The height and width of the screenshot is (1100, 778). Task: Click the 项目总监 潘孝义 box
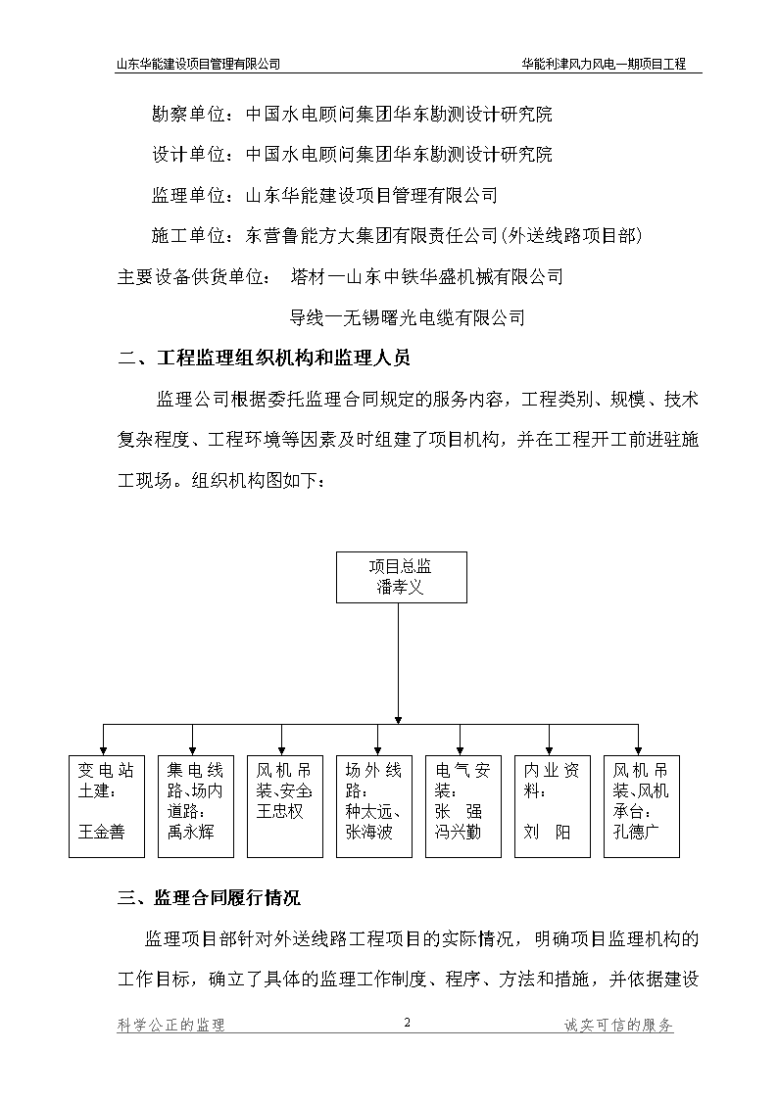402,577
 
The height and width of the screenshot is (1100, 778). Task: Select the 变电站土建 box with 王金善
107,806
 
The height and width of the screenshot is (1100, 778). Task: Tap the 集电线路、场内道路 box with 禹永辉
196,806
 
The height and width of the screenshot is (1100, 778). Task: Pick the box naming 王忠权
285,806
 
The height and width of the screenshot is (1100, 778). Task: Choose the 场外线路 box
374,806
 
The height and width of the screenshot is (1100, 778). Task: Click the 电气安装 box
463,806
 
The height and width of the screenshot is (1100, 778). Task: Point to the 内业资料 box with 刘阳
552,806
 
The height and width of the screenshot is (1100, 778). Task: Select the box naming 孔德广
641,806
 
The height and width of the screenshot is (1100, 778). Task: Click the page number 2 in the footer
407,1023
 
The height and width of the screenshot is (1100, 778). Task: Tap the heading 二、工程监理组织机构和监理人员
264,359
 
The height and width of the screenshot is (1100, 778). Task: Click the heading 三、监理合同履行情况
209,897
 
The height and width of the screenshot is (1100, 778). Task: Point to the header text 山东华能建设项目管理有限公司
198,64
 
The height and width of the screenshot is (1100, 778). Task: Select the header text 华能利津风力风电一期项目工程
604,64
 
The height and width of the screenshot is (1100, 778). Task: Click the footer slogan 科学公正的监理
171,1025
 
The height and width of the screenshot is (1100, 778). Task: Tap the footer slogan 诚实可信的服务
618,1025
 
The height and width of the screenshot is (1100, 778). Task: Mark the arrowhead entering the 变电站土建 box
104,750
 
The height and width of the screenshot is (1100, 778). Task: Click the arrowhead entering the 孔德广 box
639,750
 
